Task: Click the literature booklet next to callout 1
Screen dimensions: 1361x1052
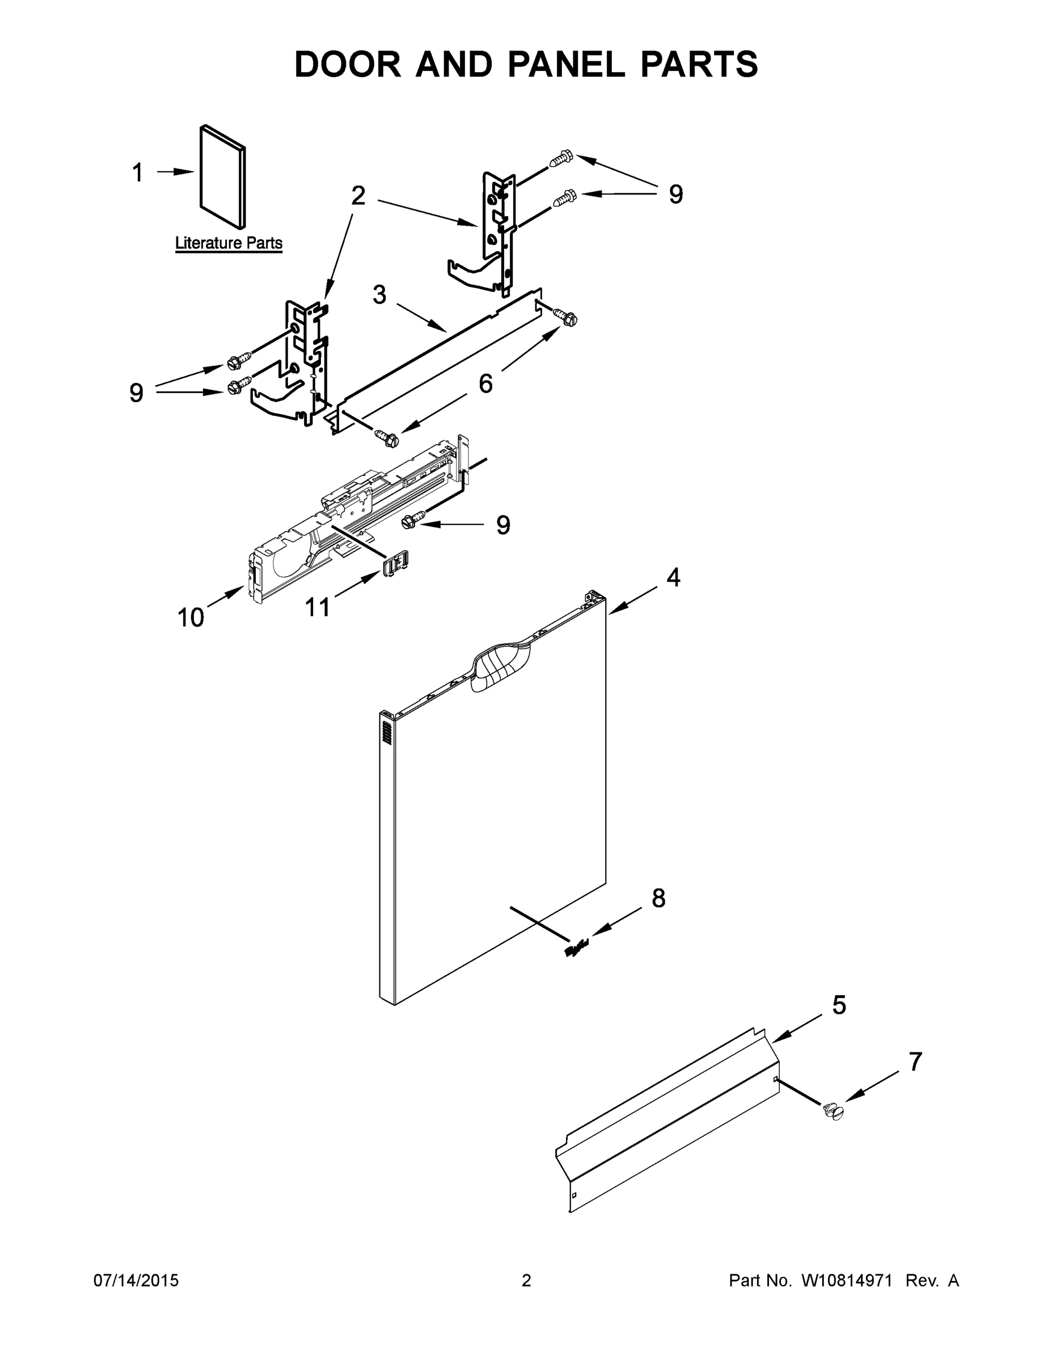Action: [x=222, y=177]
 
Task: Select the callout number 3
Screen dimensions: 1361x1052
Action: [x=379, y=295]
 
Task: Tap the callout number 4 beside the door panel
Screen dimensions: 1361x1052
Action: [x=673, y=578]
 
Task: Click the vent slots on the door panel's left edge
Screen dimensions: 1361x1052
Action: [x=386, y=730]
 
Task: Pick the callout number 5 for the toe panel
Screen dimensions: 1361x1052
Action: [x=839, y=1005]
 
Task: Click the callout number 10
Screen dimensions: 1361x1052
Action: [x=191, y=618]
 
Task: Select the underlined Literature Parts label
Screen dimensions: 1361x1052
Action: [x=229, y=243]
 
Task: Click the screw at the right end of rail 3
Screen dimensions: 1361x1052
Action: [x=566, y=318]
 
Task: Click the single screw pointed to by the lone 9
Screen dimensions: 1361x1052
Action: [x=414, y=518]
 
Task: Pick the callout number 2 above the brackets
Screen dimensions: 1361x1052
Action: [x=358, y=196]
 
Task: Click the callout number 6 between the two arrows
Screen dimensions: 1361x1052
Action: [x=485, y=383]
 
